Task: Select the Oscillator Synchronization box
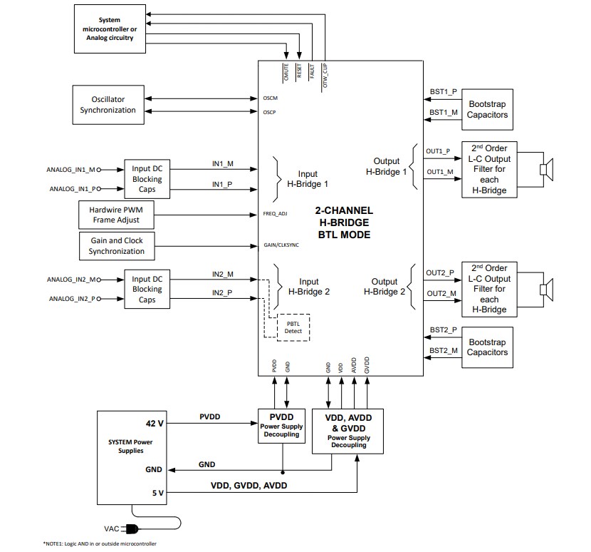coord(108,105)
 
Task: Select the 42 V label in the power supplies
coord(155,423)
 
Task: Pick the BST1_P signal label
coord(443,92)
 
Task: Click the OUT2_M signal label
coord(441,293)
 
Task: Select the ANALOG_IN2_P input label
coord(71,298)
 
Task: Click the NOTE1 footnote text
coord(100,543)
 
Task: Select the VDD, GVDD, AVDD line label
coord(250,485)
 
